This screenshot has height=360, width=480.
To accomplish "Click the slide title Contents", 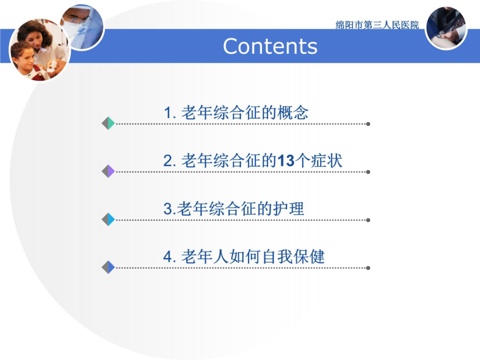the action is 270,46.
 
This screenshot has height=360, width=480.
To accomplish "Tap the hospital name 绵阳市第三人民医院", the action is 377,25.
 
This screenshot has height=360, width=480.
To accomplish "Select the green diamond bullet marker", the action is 108,123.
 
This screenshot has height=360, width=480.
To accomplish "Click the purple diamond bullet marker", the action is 108,171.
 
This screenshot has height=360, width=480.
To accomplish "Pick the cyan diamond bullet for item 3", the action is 108,219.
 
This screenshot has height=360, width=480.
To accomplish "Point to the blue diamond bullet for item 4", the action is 108,267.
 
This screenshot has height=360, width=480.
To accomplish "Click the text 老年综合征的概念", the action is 245,113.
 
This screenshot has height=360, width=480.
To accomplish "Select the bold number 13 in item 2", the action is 286,161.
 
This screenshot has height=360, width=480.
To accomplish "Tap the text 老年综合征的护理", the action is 241,209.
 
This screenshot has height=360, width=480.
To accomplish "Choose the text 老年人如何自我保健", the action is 253,256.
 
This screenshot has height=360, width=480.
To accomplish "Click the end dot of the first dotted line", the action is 368,124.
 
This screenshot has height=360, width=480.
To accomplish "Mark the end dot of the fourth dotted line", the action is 368,268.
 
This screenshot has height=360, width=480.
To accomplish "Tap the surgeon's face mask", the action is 73,29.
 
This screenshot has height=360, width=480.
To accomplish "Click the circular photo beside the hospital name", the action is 446,28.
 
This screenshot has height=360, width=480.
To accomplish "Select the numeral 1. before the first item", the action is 170,113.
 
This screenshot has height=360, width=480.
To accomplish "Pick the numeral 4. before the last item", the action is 170,257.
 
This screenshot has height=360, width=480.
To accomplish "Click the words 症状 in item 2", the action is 326,161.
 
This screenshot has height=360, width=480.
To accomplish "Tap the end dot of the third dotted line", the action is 368,220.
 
